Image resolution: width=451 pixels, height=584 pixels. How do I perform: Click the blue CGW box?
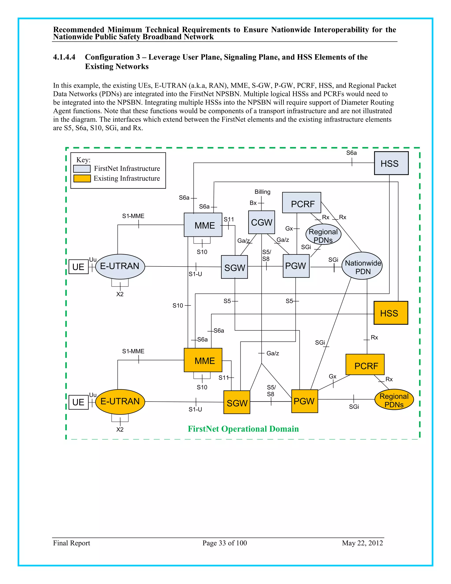[261, 222]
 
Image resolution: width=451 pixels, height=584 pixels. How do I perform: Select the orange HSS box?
[391, 313]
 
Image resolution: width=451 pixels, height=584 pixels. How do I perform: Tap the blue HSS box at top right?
[391, 163]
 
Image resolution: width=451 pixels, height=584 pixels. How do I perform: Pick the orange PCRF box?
[365, 365]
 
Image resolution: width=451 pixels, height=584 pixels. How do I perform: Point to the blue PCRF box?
[302, 203]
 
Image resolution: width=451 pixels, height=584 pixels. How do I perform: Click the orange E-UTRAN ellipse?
[120, 401]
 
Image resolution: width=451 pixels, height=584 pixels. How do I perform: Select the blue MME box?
[203, 225]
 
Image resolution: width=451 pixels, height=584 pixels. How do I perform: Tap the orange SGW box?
[237, 402]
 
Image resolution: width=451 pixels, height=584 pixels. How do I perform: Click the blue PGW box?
[296, 266]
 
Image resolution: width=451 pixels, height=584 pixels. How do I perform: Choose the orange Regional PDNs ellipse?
[394, 400]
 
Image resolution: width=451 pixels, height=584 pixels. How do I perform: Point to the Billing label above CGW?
[262, 192]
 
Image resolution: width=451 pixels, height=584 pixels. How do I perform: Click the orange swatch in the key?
[82, 178]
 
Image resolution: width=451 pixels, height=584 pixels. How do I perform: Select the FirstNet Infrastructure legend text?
[127, 168]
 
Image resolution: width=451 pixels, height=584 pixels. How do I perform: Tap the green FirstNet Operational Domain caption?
[243, 429]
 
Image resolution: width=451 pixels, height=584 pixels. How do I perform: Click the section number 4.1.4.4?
[64, 57]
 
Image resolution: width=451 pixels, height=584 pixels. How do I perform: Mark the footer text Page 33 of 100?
[224, 543]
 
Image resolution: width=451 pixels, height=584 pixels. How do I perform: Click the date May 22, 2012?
[362, 543]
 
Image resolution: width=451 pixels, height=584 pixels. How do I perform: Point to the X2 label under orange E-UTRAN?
[120, 430]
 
